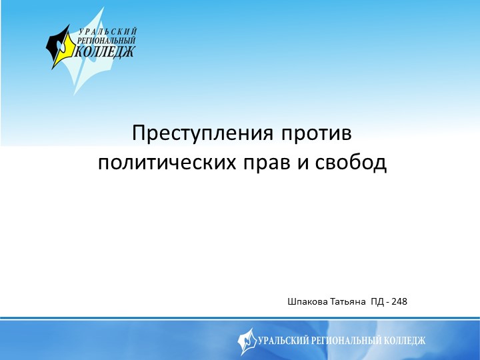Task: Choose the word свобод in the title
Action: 349,162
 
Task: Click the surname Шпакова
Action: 308,302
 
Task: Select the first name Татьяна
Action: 348,302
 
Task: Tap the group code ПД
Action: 378,302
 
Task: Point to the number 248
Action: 399,302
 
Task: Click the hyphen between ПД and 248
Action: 388,303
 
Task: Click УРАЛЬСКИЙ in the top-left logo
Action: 107,32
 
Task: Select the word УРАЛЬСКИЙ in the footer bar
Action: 281,341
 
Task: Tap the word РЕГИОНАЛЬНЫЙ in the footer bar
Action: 346,341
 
